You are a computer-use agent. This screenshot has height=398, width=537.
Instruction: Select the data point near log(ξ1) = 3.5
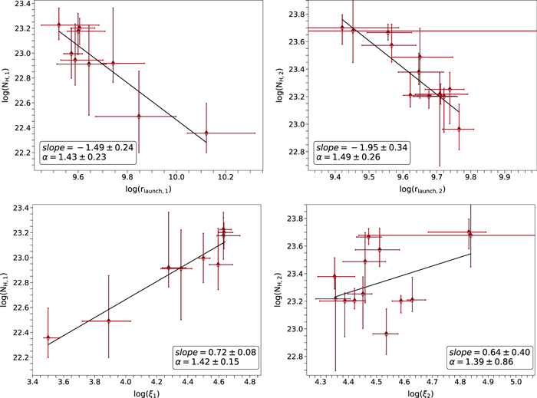tap(48, 337)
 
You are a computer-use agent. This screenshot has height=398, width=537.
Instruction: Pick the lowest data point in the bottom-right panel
tap(386, 334)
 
